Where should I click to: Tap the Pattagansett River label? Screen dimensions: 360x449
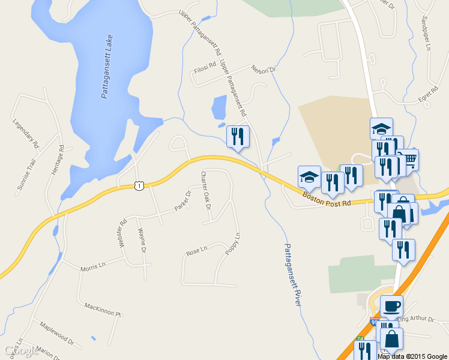pyautogui.click(x=292, y=275)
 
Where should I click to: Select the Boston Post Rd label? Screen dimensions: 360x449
pyautogui.click(x=326, y=199)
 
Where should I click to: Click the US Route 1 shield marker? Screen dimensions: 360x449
pyautogui.click(x=139, y=186)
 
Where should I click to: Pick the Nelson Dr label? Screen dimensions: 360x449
pyautogui.click(x=263, y=70)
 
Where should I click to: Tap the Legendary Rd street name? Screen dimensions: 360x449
pyautogui.click(x=25, y=134)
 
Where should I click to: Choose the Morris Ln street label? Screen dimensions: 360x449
pyautogui.click(x=93, y=265)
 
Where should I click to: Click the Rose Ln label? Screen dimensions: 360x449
pyautogui.click(x=196, y=251)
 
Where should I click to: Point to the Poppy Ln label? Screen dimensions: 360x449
pyautogui.click(x=233, y=243)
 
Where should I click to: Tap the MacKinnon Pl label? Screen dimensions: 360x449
pyautogui.click(x=103, y=309)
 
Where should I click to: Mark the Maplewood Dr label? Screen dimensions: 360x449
pyautogui.click(x=56, y=335)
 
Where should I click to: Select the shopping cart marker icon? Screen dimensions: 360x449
pyautogui.click(x=409, y=160)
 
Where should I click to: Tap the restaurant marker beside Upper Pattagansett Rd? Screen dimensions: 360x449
pyautogui.click(x=238, y=136)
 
